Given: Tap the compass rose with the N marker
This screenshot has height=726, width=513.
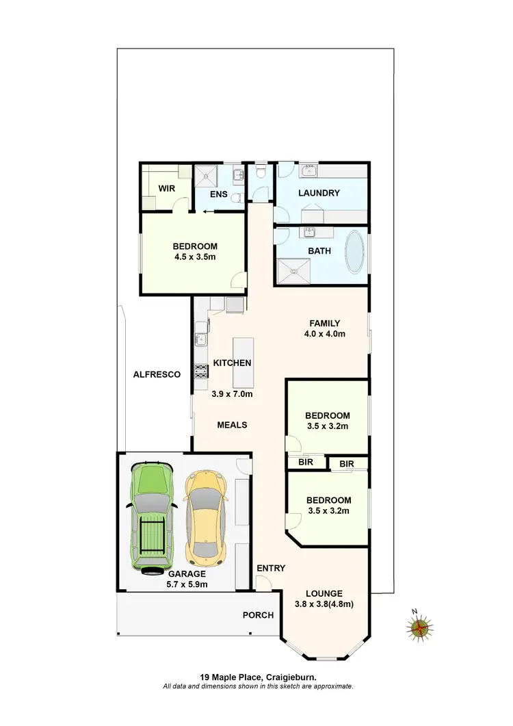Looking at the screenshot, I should [419, 626].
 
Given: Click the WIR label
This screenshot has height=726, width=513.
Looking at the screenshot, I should [168, 187].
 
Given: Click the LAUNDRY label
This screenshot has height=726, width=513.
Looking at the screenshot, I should [319, 193].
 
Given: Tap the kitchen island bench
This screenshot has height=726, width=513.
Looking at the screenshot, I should [242, 363].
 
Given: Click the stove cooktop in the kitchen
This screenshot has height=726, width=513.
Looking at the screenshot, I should [201, 372].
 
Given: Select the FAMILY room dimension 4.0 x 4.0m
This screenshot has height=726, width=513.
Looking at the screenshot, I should [324, 334].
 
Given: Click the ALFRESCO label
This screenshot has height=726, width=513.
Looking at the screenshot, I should [157, 374].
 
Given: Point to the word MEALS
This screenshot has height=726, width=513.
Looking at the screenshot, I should [232, 424].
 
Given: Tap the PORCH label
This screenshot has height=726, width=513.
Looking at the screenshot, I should [258, 615].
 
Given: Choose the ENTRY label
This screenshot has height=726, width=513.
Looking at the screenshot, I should [271, 568].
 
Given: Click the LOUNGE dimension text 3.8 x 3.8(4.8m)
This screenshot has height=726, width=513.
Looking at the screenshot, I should [324, 604].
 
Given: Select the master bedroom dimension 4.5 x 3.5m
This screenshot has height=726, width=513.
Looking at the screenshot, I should [195, 258].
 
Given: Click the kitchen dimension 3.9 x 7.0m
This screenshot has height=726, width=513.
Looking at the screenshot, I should [233, 394].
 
